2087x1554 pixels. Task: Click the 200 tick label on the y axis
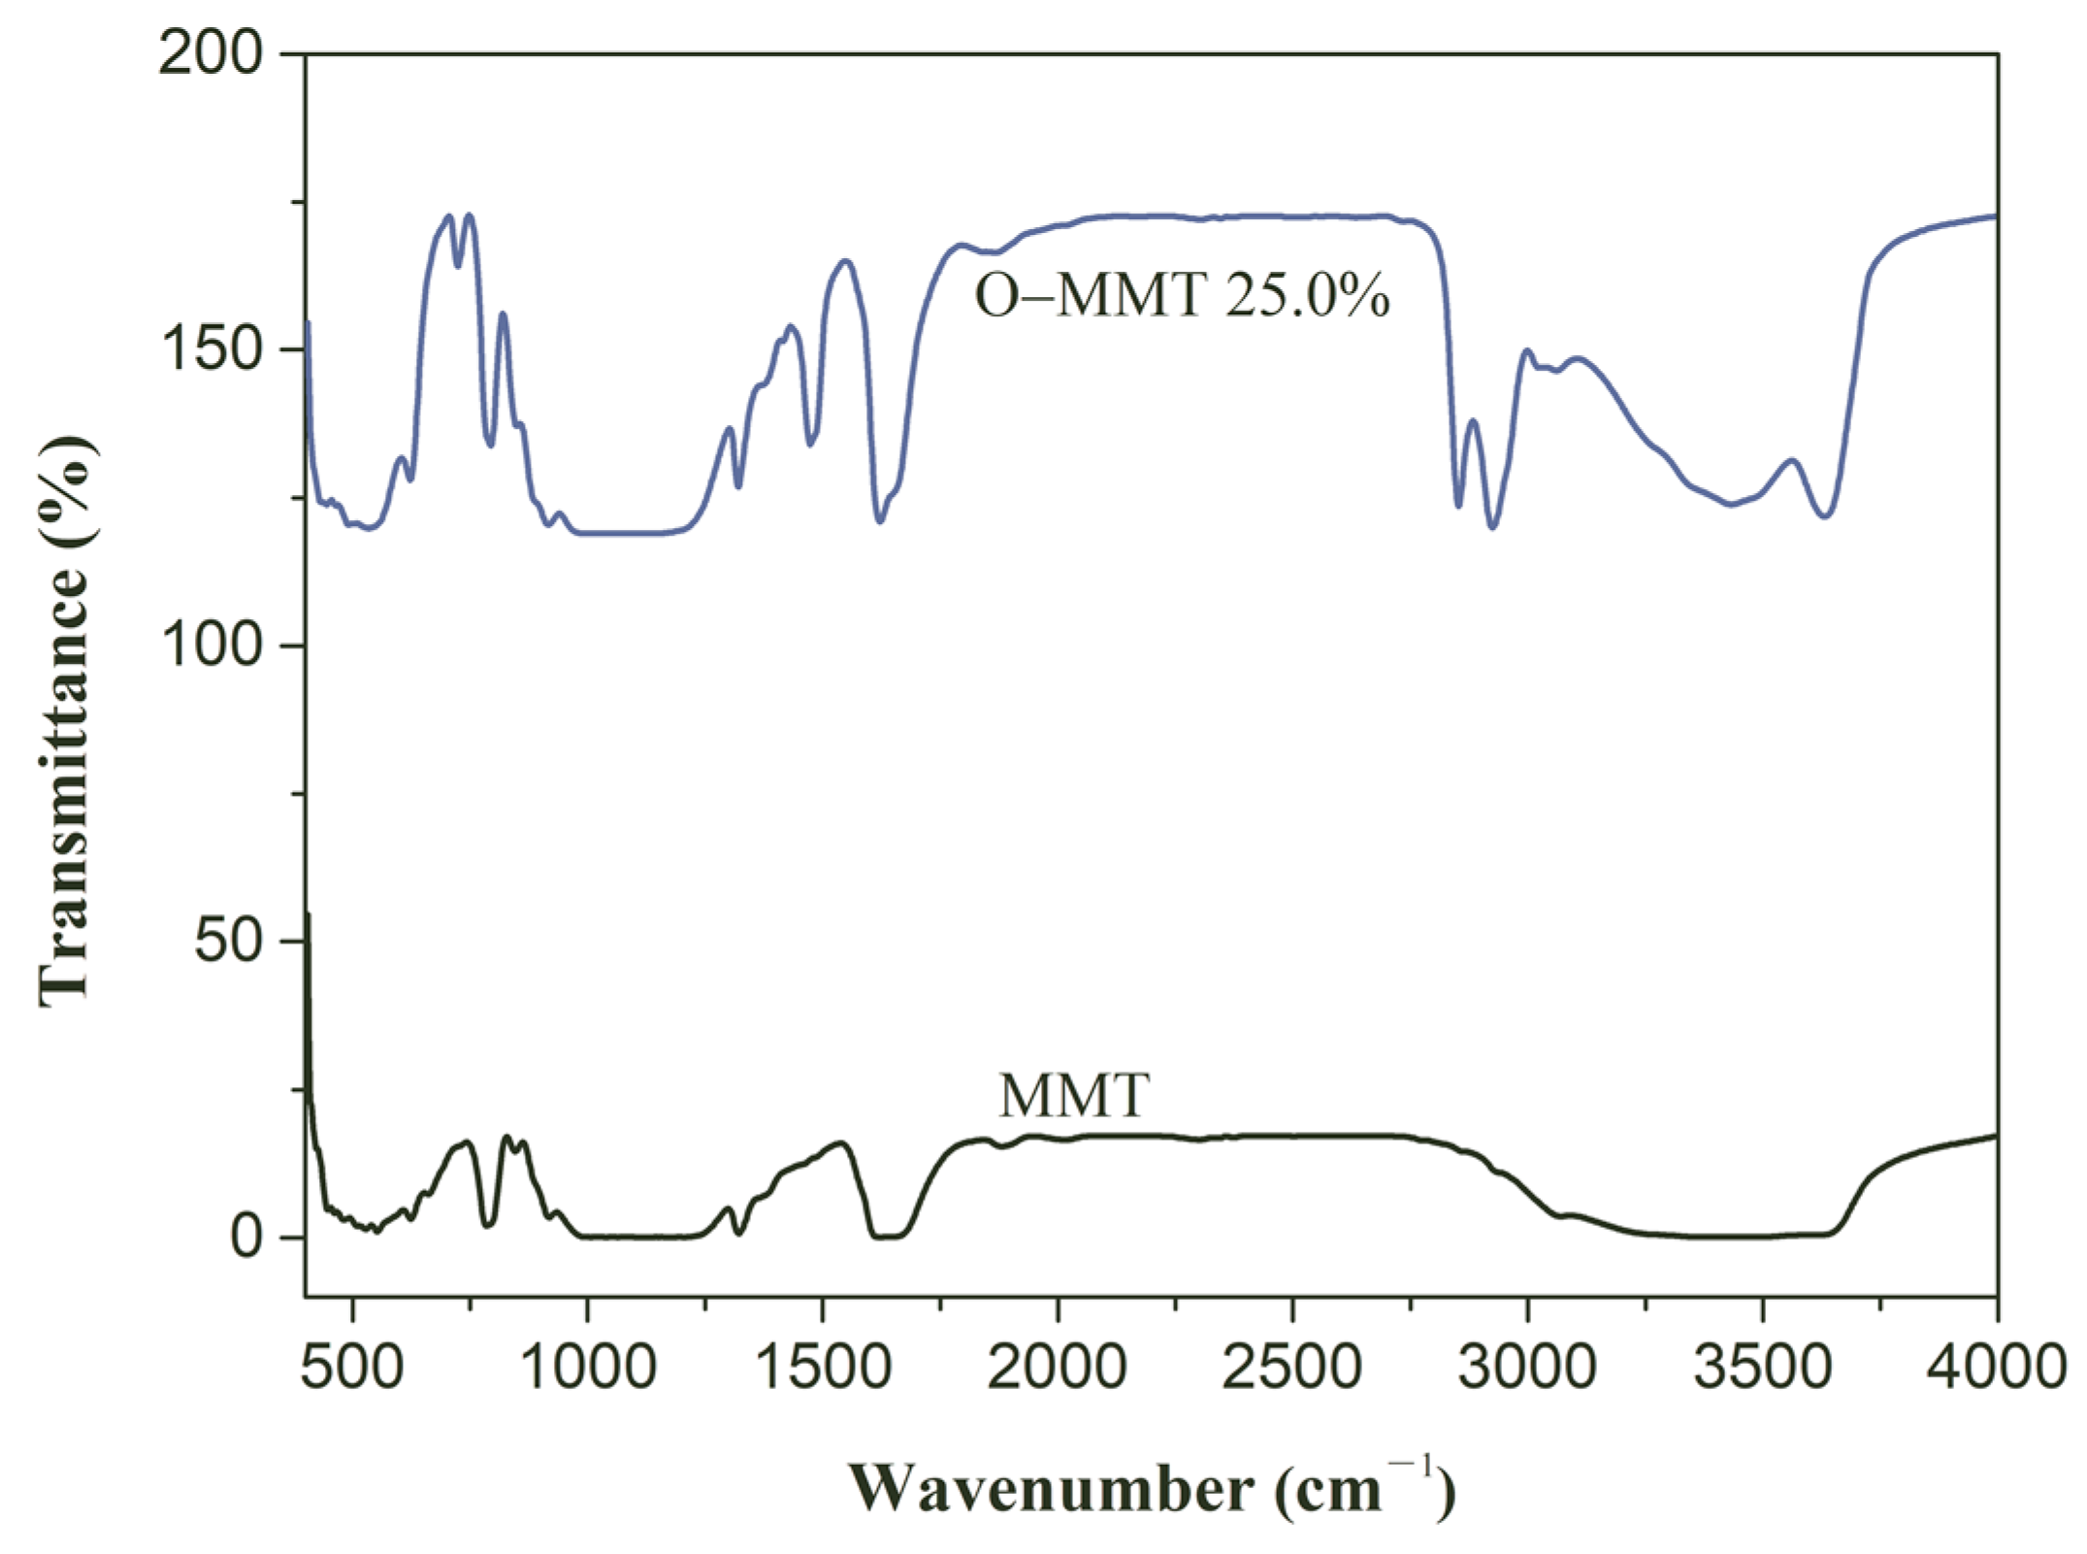[x=212, y=53]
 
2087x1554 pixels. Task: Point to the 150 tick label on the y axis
[x=212, y=349]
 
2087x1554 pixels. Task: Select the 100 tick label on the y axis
[x=212, y=645]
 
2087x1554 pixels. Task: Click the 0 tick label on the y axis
[x=247, y=1237]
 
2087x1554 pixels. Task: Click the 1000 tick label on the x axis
[x=588, y=1367]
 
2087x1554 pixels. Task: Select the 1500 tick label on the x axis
[x=823, y=1367]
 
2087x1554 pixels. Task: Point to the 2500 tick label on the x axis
[x=1292, y=1367]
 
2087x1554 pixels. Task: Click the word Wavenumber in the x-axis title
[x=1052, y=1488]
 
